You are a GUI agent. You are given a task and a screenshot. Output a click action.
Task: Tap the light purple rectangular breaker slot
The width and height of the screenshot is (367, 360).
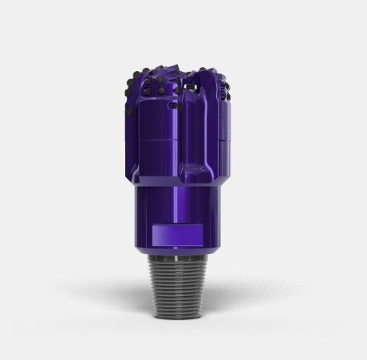tap(183, 235)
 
